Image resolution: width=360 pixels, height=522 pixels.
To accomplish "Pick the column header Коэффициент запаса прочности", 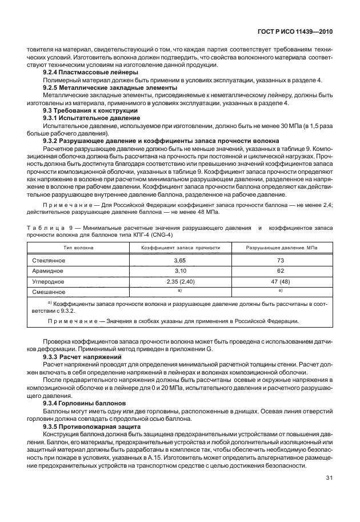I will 181,248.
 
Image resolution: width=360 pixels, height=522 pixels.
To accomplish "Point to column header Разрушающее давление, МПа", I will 281,248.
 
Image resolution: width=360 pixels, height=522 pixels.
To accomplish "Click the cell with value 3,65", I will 181,260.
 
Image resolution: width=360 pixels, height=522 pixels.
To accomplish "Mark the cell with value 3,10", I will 181,270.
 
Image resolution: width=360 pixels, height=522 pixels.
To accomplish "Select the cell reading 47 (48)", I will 281,281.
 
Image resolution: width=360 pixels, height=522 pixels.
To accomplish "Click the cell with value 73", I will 281,260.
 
